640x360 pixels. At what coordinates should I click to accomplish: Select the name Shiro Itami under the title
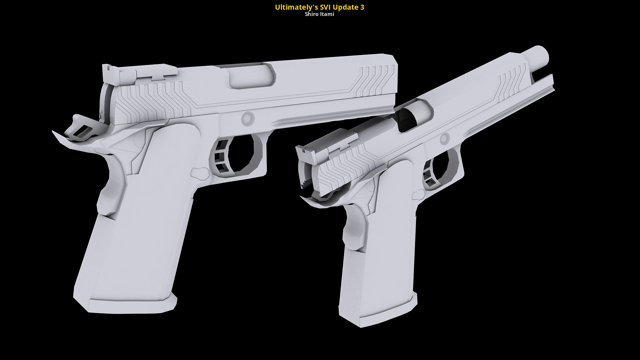pyautogui.click(x=319, y=14)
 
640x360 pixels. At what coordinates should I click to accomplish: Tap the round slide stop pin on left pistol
pyautogui.click(x=248, y=119)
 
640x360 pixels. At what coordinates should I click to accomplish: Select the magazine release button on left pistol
pyautogui.click(x=200, y=173)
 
